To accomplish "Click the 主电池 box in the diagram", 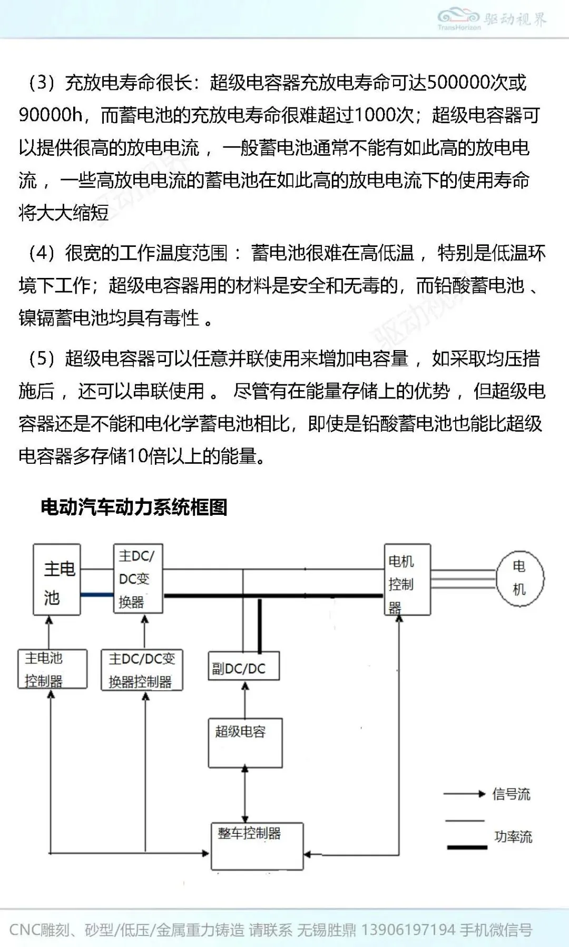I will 57,580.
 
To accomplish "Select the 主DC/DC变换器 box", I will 138,579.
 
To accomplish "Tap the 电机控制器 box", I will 407,580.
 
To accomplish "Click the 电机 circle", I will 520,578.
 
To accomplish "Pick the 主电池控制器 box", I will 52,669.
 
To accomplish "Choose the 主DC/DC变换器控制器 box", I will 142,670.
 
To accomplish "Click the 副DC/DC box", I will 243,666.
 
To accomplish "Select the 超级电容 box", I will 245,743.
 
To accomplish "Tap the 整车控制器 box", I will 257,846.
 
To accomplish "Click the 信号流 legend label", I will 511,794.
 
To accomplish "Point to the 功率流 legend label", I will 513,836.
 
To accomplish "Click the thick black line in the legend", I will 467,848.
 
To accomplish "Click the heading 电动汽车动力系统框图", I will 134,507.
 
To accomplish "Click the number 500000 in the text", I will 458,82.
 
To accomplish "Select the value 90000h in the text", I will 51,115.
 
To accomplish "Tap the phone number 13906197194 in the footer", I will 408,930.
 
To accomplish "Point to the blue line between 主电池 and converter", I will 97,595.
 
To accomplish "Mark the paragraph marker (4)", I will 42,253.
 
